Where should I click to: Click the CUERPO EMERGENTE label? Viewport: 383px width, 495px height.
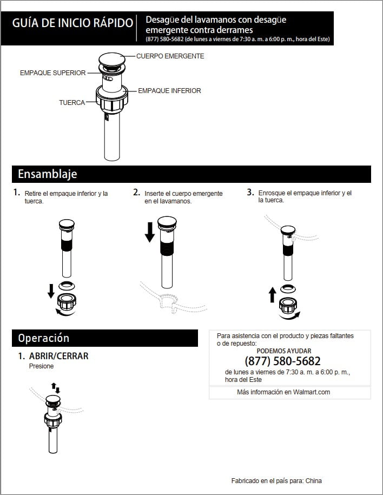[170, 56]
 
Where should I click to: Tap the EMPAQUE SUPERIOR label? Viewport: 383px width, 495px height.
[52, 73]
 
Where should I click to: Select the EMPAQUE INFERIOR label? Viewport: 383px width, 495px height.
[169, 91]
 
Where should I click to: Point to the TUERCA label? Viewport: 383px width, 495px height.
[72, 103]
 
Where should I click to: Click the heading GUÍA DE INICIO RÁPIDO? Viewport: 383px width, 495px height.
[72, 23]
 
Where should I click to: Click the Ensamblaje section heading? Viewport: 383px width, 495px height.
[48, 174]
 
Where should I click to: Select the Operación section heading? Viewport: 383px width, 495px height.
[44, 338]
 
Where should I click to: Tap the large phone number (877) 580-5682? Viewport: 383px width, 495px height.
[282, 361]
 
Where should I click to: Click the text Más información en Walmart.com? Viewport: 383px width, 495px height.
[283, 392]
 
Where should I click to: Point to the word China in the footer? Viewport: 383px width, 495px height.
[314, 481]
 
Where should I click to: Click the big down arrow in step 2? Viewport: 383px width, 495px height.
[150, 232]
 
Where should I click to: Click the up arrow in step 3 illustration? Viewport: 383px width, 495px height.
[272, 294]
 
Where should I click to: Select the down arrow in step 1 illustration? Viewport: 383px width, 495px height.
[51, 291]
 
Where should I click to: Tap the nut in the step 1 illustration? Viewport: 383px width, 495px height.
[67, 301]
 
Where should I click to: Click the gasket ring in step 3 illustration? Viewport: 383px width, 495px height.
[288, 288]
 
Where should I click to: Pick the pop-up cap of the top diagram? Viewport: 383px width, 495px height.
[112, 59]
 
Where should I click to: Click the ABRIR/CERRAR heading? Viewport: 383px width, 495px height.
[59, 356]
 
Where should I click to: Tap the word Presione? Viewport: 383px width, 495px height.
[41, 366]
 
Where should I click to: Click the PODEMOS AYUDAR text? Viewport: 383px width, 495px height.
[284, 351]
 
